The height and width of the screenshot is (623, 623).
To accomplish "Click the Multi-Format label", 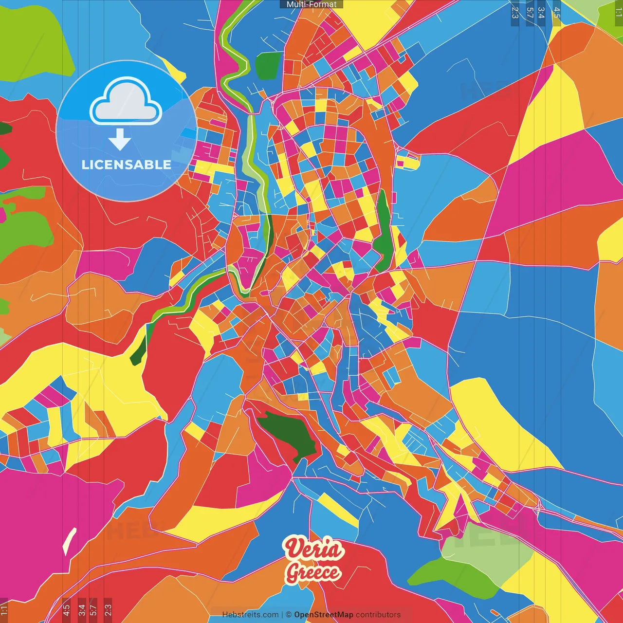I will coord(311,4).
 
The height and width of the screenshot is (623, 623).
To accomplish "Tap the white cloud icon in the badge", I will coord(126,101).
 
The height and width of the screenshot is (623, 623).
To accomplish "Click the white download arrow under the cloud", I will coord(120,140).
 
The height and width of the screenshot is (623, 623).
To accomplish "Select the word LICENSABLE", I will coord(126,165).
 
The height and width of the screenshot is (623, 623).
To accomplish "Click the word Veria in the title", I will coord(314,550).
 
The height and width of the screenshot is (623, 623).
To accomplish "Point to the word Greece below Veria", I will coord(313,572).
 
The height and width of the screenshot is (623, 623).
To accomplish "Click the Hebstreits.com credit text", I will coord(250,615).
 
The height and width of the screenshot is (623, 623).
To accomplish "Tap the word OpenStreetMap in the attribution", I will coord(323,615).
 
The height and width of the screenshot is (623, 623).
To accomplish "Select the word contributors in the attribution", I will coord(378,615).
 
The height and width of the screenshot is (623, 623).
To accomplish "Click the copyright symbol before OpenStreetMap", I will coord(289,615).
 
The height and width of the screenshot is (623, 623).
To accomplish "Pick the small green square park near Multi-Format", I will coord(267,65).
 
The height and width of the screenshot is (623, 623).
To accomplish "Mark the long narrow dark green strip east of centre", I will coord(383,231).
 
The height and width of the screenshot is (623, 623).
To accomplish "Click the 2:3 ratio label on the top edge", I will coord(515,13).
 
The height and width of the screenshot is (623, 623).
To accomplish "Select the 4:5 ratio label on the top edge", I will coord(556,13).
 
